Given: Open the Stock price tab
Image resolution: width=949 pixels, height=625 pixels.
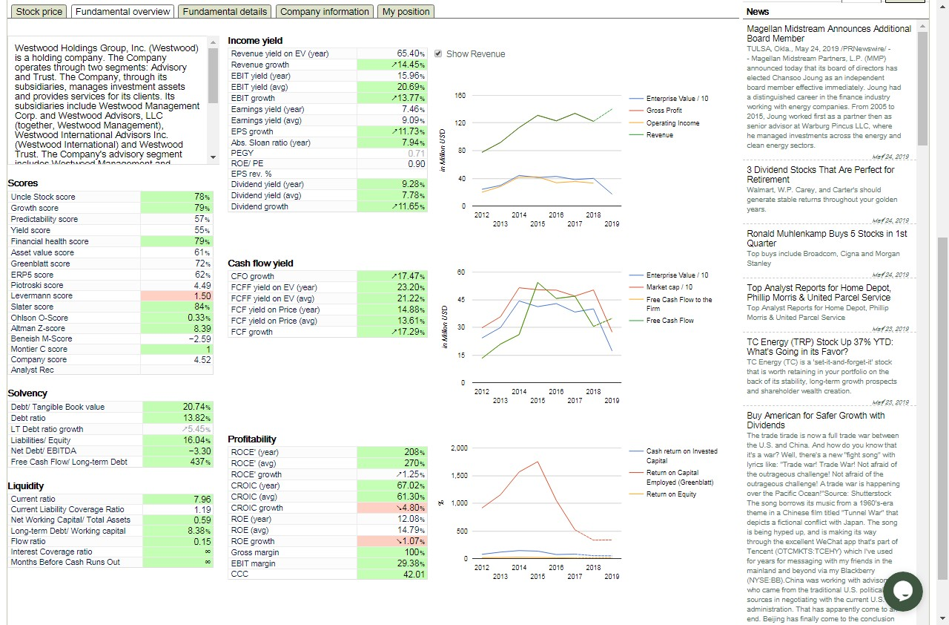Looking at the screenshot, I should pos(39,12).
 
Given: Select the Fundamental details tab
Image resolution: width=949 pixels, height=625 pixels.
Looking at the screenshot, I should pos(225,12).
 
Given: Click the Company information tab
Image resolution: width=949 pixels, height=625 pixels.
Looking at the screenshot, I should pos(325,12).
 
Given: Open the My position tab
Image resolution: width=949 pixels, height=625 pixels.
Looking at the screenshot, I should pos(406,12).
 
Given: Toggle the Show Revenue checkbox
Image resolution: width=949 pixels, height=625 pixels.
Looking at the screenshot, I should pos(438,54).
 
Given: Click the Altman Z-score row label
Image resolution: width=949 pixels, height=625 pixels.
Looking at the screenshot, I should pos(38,328).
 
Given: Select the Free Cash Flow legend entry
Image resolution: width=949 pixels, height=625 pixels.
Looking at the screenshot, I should pos(670,321).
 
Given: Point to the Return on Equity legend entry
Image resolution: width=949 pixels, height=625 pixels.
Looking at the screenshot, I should pos(671,494).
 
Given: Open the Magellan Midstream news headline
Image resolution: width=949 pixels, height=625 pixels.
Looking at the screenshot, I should pos(829,33).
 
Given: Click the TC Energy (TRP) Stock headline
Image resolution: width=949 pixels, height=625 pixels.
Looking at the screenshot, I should pos(820,347).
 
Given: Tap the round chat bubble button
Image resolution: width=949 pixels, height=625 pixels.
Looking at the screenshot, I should pos(902,592).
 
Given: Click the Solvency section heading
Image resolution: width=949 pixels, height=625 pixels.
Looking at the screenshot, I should pos(27,393).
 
